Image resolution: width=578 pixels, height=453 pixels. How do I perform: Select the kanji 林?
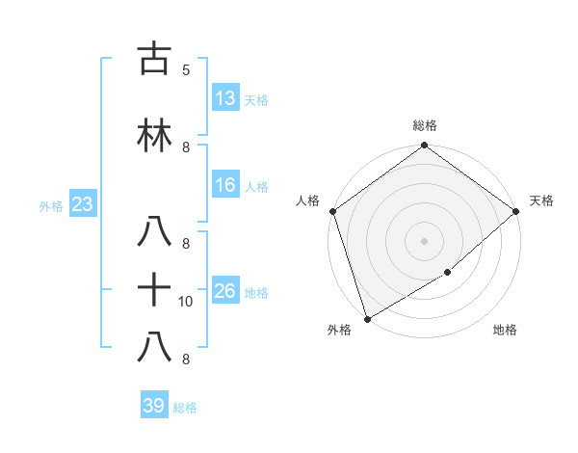point(154,136)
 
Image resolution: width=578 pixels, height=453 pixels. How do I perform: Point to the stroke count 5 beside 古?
point(186,70)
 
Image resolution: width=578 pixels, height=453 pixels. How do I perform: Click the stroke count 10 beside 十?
point(186,302)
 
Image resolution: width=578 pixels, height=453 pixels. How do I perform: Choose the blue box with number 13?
point(225,97)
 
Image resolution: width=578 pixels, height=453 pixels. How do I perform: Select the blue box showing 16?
point(225,185)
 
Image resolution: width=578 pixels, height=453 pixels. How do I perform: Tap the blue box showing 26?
point(225,291)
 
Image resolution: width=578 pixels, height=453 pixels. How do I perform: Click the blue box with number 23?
point(82,204)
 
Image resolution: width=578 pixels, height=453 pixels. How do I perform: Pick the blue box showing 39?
point(154,406)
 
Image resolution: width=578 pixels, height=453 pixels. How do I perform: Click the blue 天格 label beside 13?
point(256,99)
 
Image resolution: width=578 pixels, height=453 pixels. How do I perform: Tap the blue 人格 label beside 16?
point(256,187)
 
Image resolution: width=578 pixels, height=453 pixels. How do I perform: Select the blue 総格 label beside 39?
point(185,408)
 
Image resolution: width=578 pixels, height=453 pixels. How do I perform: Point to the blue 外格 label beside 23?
point(51,206)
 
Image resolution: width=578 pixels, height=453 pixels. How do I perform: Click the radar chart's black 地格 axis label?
point(505,331)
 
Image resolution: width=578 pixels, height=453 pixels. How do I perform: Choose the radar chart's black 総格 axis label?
point(424,125)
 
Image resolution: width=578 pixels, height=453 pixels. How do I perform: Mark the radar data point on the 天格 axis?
point(516,211)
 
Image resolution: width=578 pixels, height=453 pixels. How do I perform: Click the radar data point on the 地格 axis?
point(448,274)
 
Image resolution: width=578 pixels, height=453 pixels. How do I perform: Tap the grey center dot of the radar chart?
point(424,241)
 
